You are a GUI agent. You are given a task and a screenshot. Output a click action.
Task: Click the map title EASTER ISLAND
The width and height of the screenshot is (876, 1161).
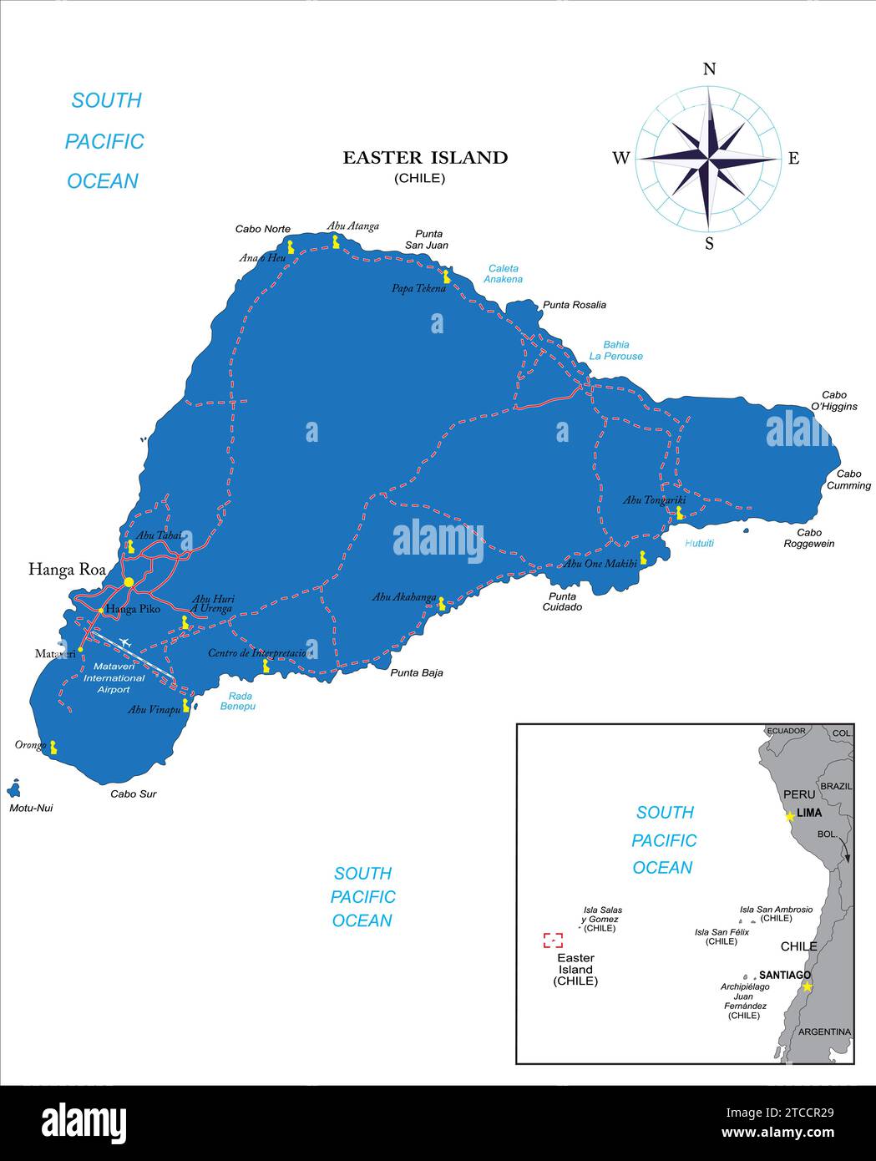pyautogui.click(x=425, y=157)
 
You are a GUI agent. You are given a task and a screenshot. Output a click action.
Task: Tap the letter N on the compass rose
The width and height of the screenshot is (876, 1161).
pyautogui.click(x=709, y=69)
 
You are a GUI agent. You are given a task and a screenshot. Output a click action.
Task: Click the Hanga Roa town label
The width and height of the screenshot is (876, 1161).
pyautogui.click(x=67, y=570)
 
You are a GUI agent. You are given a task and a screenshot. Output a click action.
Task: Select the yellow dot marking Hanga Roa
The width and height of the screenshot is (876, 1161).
pyautogui.click(x=129, y=581)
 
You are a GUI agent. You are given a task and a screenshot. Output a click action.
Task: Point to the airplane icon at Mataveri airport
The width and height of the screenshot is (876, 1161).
pyautogui.click(x=126, y=642)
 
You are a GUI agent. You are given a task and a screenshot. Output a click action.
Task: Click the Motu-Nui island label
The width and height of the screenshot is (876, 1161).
pyautogui.click(x=31, y=808)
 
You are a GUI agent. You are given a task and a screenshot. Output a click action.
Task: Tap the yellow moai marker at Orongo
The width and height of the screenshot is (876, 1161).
pyautogui.click(x=53, y=747)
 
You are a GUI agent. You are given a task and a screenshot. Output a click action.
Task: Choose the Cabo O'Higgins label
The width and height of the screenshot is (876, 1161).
pyautogui.click(x=833, y=401)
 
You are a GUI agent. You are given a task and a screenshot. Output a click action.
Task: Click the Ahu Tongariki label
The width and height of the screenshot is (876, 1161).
pyautogui.click(x=654, y=500)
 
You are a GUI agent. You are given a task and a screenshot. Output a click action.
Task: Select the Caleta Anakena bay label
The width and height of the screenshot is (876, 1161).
pyautogui.click(x=504, y=274)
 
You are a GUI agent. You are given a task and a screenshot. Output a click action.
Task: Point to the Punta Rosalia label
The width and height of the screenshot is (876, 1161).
pyautogui.click(x=575, y=305)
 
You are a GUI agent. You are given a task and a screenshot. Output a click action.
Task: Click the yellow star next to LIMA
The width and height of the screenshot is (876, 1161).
pyautogui.click(x=789, y=816)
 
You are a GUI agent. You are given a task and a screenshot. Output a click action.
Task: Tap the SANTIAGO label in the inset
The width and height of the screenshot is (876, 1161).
pyautogui.click(x=784, y=975)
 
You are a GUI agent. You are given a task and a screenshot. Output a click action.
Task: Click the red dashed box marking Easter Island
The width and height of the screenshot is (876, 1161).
pyautogui.click(x=553, y=940)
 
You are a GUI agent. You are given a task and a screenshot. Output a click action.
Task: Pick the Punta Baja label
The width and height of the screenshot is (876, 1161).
pyautogui.click(x=417, y=672)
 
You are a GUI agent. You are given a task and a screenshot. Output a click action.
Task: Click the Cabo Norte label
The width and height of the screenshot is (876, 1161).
pyautogui.click(x=262, y=229)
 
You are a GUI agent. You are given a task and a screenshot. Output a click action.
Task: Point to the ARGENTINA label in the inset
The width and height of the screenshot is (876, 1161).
pyautogui.click(x=824, y=1032)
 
